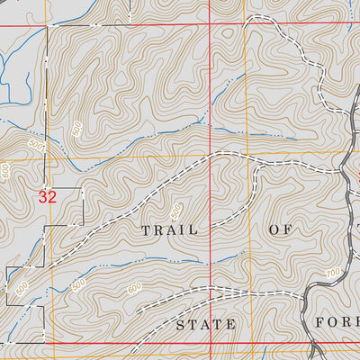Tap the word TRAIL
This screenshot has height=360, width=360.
[x=168, y=230]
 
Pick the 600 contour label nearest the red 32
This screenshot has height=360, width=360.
[x=7, y=171]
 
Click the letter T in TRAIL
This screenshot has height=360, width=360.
[x=145, y=230]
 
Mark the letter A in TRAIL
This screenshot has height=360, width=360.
[x=169, y=230]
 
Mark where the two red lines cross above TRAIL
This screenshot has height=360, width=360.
[x=211, y=25]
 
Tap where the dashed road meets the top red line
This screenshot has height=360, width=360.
[x=278, y=25]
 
